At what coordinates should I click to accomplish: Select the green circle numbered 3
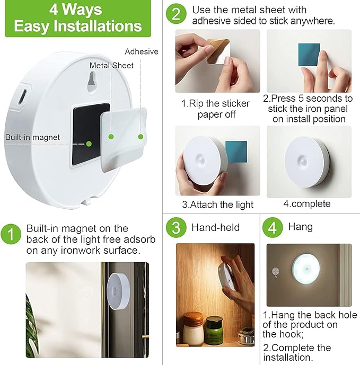coord(175,227)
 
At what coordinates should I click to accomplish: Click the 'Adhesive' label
coord(142,51)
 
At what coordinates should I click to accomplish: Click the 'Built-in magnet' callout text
coord(32,137)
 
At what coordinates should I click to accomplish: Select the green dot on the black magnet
coord(89,143)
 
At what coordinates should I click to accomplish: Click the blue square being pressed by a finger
coord(308,55)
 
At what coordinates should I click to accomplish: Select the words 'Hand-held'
coord(215,227)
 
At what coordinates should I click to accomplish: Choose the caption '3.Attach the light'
coord(217,204)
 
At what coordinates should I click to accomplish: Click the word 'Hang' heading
coord(300,227)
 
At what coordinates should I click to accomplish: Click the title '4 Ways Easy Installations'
coord(77,19)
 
